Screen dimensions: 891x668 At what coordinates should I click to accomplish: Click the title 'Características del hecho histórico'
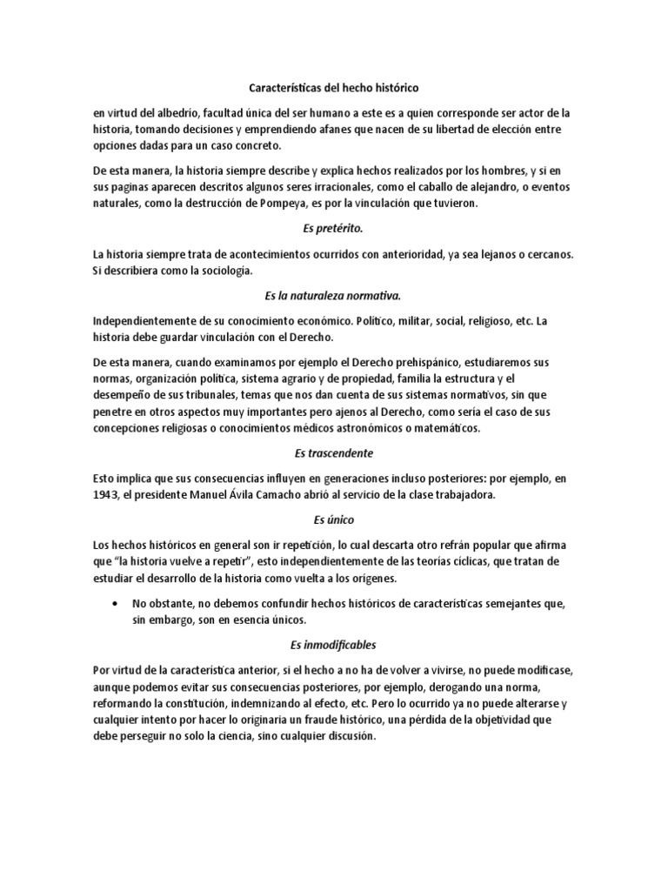pyautogui.click(x=334, y=88)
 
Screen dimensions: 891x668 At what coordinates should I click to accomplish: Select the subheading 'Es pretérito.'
pyautogui.click(x=334, y=229)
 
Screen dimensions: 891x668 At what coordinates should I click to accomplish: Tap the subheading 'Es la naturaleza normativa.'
pyautogui.click(x=334, y=297)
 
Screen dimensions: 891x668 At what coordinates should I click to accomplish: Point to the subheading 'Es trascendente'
pyautogui.click(x=334, y=453)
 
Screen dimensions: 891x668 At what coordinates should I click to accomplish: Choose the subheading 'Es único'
pyautogui.click(x=334, y=520)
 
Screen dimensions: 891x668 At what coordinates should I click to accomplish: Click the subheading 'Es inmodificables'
pyautogui.click(x=334, y=646)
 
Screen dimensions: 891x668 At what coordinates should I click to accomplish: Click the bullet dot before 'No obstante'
pyautogui.click(x=117, y=603)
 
